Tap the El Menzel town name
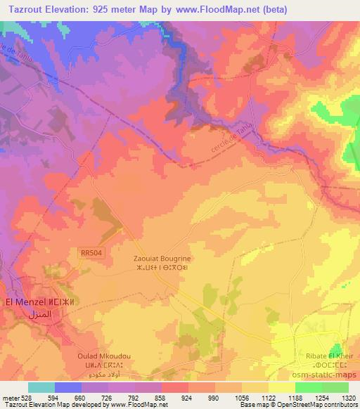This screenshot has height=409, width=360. click(x=30, y=302)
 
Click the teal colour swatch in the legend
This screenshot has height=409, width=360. click(x=41, y=387)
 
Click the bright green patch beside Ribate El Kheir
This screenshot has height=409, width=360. click(x=338, y=349)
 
